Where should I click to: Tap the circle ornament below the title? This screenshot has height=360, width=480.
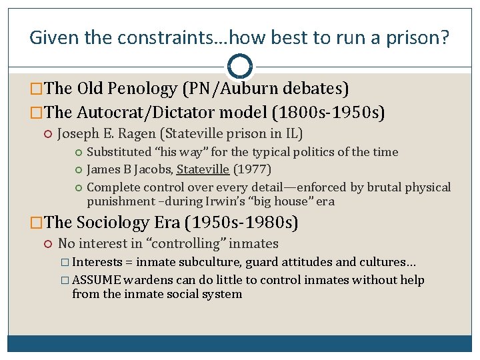tap(240, 67)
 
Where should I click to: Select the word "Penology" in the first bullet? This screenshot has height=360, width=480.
tap(145, 88)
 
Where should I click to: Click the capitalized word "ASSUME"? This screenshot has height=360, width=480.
tap(95, 280)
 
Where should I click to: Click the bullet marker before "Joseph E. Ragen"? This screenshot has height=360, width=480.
tap(48, 134)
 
